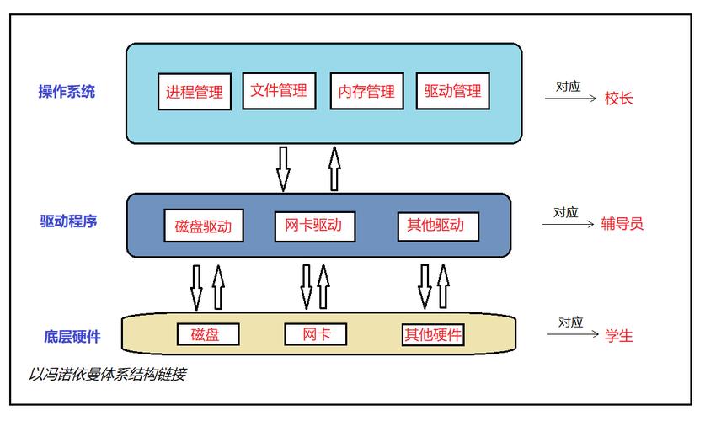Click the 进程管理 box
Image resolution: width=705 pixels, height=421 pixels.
[194, 92]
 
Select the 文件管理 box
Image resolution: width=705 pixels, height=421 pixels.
[278, 90]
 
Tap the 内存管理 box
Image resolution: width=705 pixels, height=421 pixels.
[366, 92]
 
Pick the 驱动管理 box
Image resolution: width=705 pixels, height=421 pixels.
[451, 92]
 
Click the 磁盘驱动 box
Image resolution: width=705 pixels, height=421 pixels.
[203, 226]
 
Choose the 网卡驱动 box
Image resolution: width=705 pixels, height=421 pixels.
[312, 226]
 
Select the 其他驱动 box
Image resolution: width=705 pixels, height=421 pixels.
[435, 226]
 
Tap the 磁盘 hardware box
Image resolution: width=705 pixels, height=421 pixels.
[205, 334]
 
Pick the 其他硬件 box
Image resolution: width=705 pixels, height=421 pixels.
[433, 334]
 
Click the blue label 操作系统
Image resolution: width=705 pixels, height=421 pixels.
[67, 92]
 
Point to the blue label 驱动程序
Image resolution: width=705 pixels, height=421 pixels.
[68, 221]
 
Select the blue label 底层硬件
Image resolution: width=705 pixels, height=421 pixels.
[72, 337]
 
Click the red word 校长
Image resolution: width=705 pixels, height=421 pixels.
[618, 99]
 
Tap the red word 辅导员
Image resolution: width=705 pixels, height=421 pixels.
[622, 224]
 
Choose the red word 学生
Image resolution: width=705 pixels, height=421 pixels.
[618, 336]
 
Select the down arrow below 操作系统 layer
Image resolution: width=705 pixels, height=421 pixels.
[283, 168]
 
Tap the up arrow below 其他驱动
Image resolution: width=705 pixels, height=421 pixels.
[444, 286]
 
